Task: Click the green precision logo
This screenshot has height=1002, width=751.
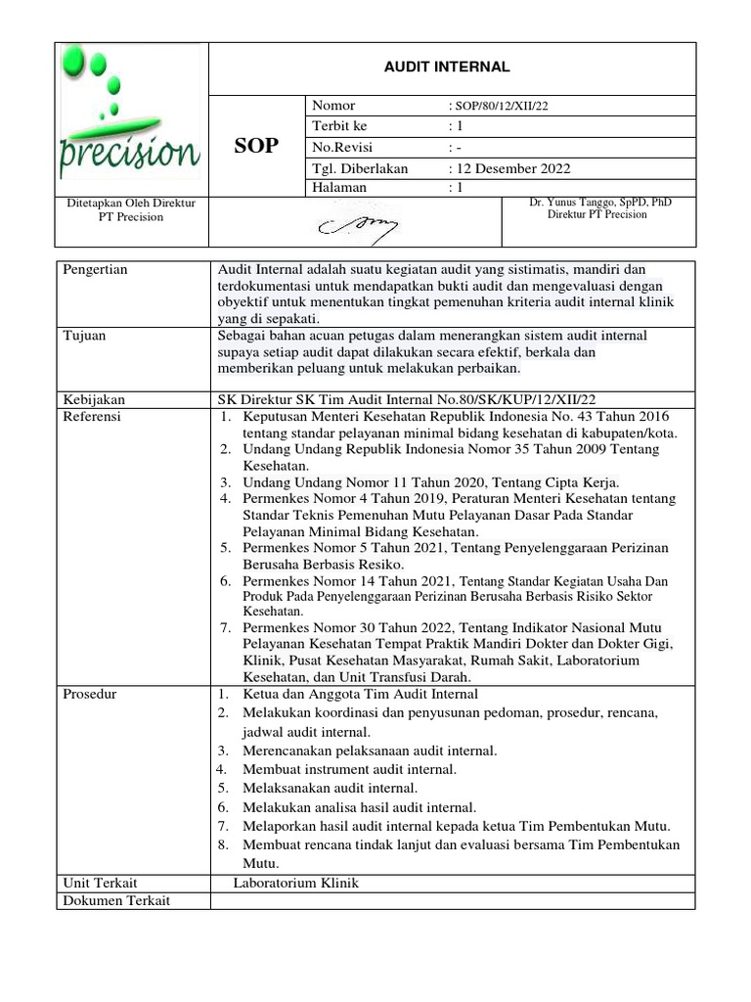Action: (x=130, y=117)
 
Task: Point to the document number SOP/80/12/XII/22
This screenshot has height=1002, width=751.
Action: (x=498, y=106)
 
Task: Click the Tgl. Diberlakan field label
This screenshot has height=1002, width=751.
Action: (x=359, y=167)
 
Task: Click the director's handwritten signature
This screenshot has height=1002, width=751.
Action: (x=353, y=226)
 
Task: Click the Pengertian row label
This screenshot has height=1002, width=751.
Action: (x=95, y=269)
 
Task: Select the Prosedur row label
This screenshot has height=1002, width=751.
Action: (x=89, y=694)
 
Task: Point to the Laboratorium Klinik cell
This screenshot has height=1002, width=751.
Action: (x=295, y=883)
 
